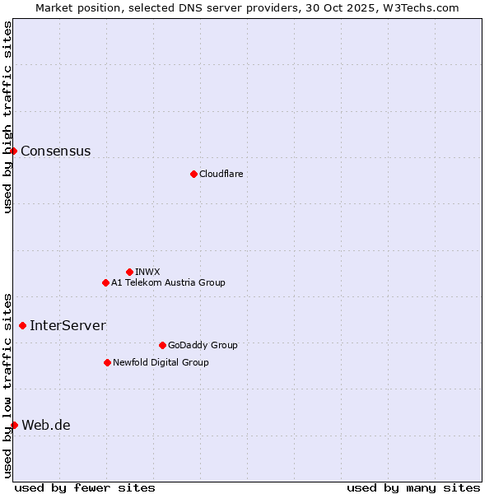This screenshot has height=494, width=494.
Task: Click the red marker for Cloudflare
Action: [x=193, y=174]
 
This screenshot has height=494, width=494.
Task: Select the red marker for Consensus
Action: [x=13, y=151]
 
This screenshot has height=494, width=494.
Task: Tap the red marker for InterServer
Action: [x=22, y=325]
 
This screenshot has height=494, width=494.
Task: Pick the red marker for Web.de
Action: [x=14, y=425]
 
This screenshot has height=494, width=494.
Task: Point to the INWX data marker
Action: [x=129, y=272]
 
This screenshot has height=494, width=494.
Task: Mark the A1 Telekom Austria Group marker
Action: [x=105, y=282]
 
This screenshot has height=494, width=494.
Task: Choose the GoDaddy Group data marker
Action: [x=162, y=345]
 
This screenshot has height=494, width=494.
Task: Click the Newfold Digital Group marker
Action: [x=107, y=362]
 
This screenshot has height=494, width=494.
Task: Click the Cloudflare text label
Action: [x=221, y=174]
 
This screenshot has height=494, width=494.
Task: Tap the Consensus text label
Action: [x=55, y=151]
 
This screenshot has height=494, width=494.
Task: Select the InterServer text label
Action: [x=68, y=325]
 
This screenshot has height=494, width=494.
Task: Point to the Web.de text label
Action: [x=46, y=425]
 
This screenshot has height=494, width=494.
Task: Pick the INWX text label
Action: [x=147, y=272]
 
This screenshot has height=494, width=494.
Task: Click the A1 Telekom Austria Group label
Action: [x=168, y=282]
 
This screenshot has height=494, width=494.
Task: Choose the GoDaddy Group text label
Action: [x=203, y=345]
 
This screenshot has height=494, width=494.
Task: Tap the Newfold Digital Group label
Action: [x=161, y=362]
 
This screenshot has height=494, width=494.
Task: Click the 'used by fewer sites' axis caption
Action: [x=85, y=487]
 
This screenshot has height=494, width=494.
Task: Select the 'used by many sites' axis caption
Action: [x=413, y=487]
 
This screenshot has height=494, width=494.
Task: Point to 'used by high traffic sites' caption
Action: [x=8, y=117]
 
